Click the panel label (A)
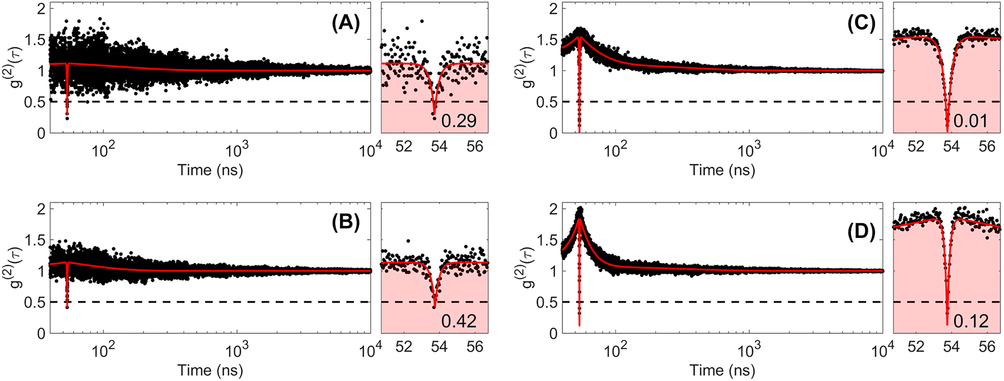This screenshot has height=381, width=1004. point(346,24)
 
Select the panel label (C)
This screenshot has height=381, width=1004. point(861,24)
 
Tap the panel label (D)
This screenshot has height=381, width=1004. point(861,232)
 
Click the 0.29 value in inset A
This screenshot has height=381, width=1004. point(459,121)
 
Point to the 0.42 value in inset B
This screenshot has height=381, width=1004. point(459,321)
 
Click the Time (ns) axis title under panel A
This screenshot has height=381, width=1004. point(210,170)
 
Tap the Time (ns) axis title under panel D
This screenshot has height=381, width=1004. point(722,370)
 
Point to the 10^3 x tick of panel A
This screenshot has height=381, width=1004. point(236,151)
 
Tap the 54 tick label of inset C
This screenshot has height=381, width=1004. point(951,147)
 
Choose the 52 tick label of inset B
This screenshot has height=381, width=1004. point(404,347)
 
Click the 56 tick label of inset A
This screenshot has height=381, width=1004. point(475,147)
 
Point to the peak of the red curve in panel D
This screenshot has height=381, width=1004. point(580,219)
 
